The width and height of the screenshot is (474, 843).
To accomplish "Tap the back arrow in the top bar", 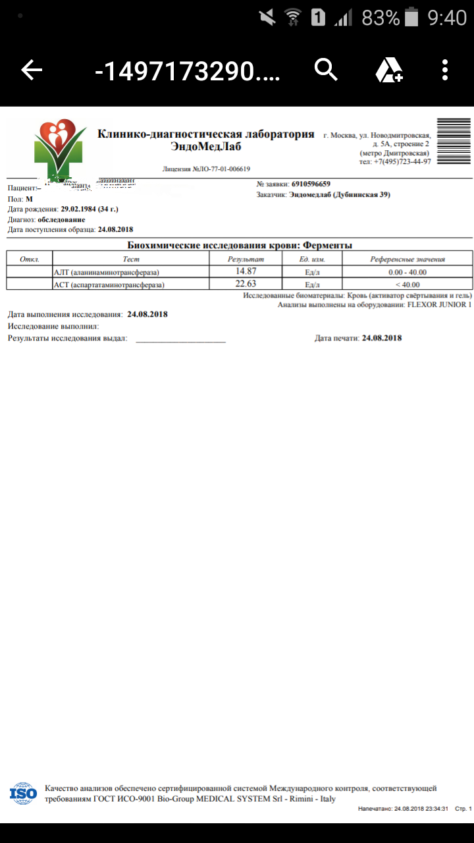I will [32, 70].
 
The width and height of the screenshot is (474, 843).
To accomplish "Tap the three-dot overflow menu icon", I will [446, 70].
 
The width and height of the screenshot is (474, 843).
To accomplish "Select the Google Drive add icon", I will [388, 70].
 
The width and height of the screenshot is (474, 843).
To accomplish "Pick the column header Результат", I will [245, 259].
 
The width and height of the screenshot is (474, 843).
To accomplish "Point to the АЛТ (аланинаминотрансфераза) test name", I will [107, 272].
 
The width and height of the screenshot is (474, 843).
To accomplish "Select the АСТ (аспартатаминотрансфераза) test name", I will [109, 285].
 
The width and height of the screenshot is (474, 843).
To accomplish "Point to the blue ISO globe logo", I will [24, 794].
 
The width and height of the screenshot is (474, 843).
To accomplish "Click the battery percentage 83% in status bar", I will [381, 18].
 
